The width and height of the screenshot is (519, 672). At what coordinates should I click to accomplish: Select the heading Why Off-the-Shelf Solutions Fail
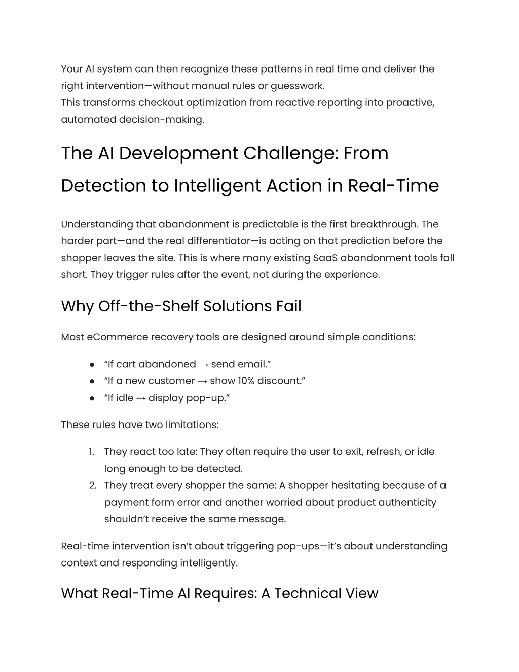[181, 306]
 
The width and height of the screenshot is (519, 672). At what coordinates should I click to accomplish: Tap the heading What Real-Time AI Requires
[219, 593]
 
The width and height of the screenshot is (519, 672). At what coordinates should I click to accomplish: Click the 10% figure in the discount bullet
[245, 381]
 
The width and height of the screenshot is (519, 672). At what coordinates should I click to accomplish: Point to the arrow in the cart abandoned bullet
[203, 364]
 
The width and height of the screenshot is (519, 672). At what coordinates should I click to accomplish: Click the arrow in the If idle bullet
[141, 398]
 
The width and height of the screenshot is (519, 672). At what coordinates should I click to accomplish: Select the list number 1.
[91, 452]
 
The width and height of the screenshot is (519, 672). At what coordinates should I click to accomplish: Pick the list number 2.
[92, 485]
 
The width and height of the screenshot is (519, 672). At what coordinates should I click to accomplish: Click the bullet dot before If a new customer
[92, 381]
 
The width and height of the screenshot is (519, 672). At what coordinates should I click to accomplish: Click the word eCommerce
[115, 337]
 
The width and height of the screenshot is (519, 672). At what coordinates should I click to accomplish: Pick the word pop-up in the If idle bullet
[208, 398]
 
